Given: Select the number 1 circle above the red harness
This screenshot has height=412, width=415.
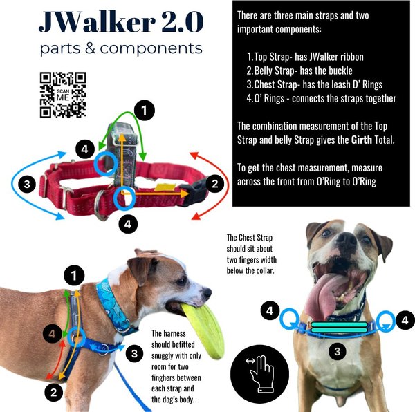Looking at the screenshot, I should click(144, 110).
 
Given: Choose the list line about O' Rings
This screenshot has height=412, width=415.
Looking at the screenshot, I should click(321, 99).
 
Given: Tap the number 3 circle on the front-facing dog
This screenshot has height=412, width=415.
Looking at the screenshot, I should click(337, 352).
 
